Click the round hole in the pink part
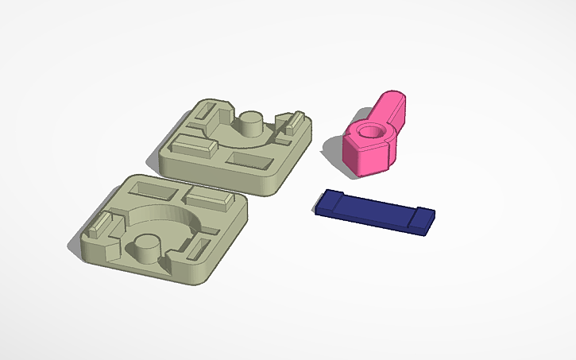(x=370, y=131)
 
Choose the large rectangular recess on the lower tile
(x=150, y=191)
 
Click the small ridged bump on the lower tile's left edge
(x=98, y=226)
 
